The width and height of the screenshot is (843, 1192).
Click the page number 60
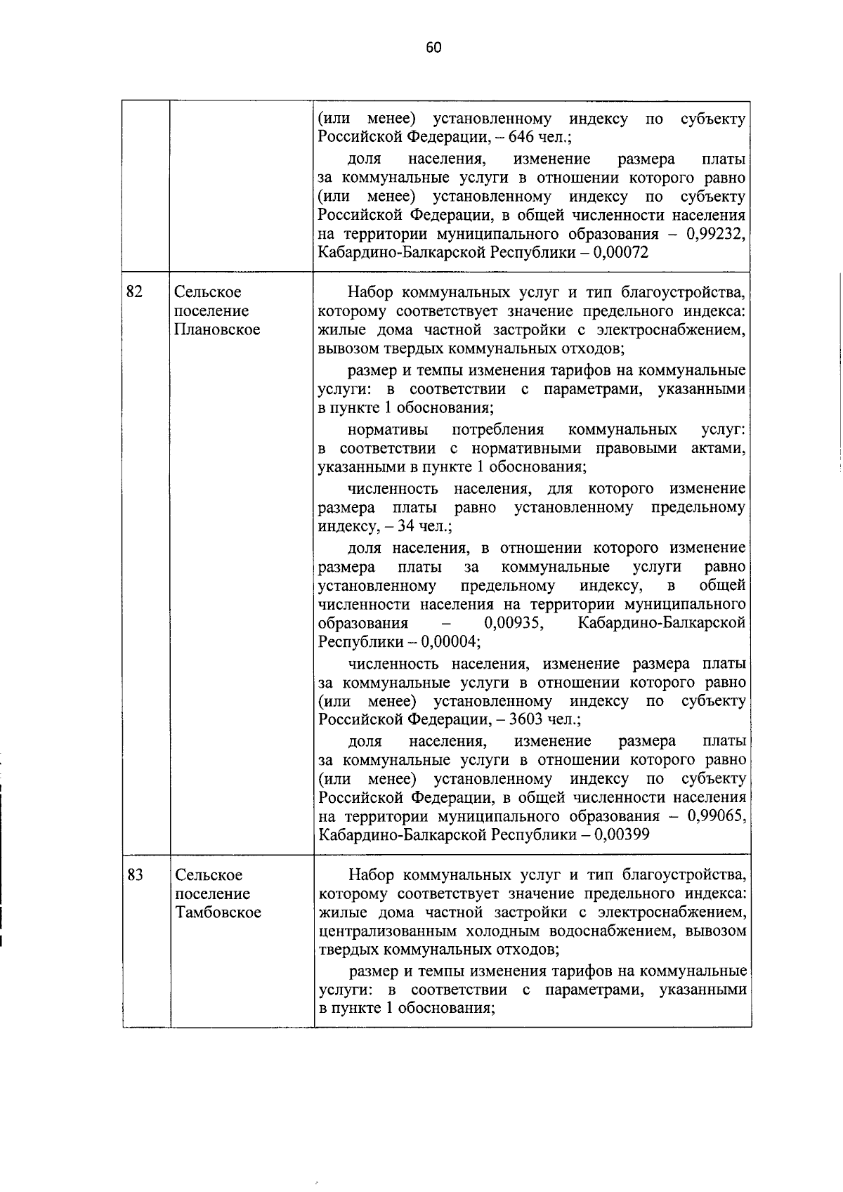coord(433,48)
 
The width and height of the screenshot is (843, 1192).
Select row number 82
coord(134,292)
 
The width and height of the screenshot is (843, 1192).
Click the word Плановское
coord(217,329)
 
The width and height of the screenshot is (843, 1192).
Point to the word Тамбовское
coord(218,912)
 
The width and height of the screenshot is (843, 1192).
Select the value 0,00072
coord(620,253)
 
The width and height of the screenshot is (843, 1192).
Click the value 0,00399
coord(621,835)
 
